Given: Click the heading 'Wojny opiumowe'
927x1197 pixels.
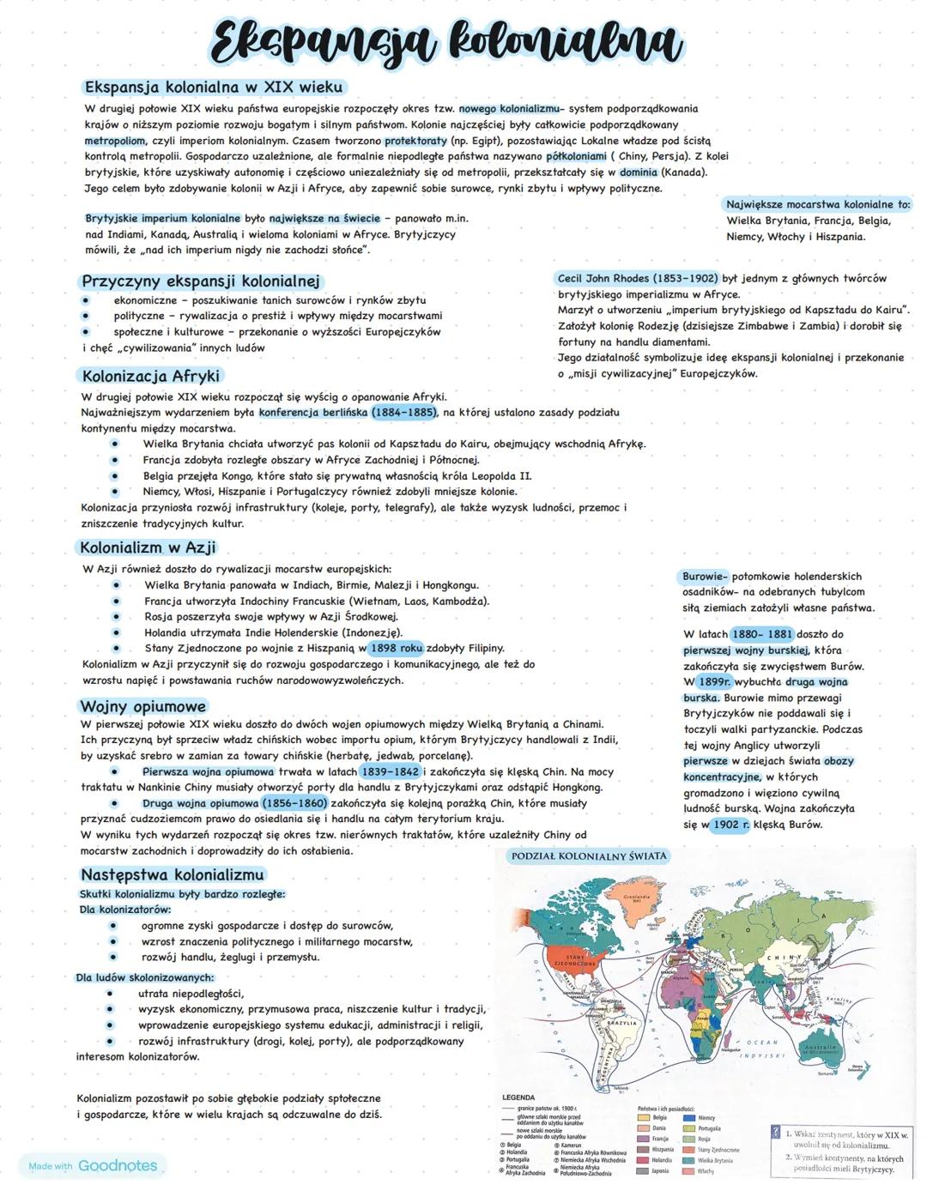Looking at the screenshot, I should tap(143, 706).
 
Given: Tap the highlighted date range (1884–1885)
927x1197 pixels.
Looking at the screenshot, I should tap(404, 413).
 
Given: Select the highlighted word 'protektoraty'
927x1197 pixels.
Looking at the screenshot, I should tap(416, 141).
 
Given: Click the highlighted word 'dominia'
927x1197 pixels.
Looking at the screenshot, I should tap(639, 172).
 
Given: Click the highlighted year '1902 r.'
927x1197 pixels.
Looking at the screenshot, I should tap(730, 825).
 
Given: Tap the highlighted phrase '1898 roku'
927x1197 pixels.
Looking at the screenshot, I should tap(397, 649).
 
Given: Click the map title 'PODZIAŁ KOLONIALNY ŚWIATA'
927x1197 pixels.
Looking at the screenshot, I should tap(588, 856).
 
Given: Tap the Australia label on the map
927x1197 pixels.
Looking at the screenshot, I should tap(817, 1049).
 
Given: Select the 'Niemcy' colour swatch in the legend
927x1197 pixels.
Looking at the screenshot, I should tap(689, 1118).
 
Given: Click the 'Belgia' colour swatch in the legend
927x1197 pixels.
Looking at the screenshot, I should tap(643, 1118).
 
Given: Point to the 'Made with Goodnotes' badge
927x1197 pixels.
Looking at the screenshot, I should tap(93, 1166).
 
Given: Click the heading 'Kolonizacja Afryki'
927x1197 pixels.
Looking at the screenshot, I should tap(150, 376).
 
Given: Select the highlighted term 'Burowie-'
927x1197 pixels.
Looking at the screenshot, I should tap(705, 577).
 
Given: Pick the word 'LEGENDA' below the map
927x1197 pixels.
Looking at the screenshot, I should tap(518, 1097).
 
